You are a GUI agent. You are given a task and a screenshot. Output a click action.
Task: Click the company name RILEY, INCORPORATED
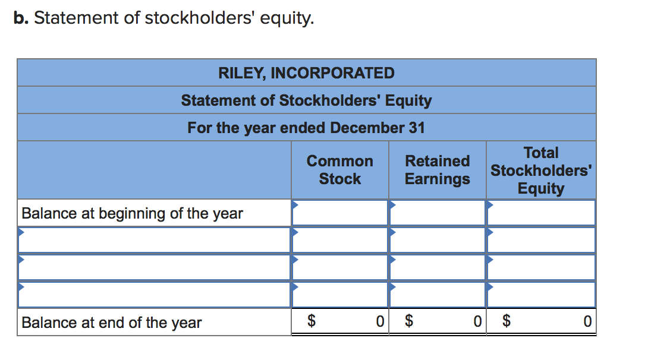[x=306, y=73]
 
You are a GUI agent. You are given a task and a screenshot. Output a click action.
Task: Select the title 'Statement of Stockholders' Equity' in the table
[x=306, y=100]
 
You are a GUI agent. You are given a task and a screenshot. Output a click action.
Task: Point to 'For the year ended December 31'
[x=306, y=128]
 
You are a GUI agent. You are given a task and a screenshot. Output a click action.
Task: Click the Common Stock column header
[x=339, y=170]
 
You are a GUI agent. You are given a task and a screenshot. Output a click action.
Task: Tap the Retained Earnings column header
[x=437, y=170]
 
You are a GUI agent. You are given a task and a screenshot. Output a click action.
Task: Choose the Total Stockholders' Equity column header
[x=540, y=170]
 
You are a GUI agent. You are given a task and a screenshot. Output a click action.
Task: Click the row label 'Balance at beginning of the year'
[x=132, y=213]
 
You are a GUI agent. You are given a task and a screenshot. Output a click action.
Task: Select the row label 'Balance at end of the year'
[x=112, y=323]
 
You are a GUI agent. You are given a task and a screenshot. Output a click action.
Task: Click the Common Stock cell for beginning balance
[x=340, y=213]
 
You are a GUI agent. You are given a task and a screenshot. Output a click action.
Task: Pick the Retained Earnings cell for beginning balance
[x=438, y=213]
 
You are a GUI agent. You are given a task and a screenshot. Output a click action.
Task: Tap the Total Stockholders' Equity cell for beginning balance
[x=541, y=213]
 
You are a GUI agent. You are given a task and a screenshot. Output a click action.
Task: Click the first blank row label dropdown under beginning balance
[x=155, y=241]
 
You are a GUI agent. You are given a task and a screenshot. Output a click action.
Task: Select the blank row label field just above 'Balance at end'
[x=155, y=295]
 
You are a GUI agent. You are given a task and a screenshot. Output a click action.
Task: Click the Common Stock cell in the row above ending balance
[x=340, y=295]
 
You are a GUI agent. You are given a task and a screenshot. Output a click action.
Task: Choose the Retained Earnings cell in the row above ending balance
[x=438, y=295]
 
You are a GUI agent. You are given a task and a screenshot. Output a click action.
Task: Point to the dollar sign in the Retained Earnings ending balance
[x=408, y=322]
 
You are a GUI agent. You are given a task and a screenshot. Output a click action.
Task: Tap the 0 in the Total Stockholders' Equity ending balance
[x=587, y=322]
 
